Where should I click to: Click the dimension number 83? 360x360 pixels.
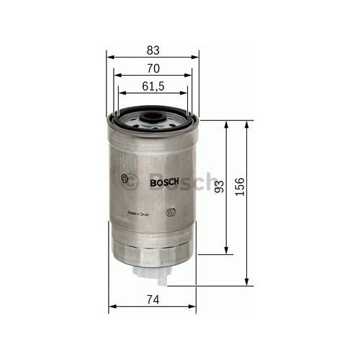click(152, 50)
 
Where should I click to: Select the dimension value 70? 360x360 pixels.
click(152, 68)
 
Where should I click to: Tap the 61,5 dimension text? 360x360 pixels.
click(152, 86)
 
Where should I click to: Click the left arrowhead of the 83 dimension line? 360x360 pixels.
click(110, 57)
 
